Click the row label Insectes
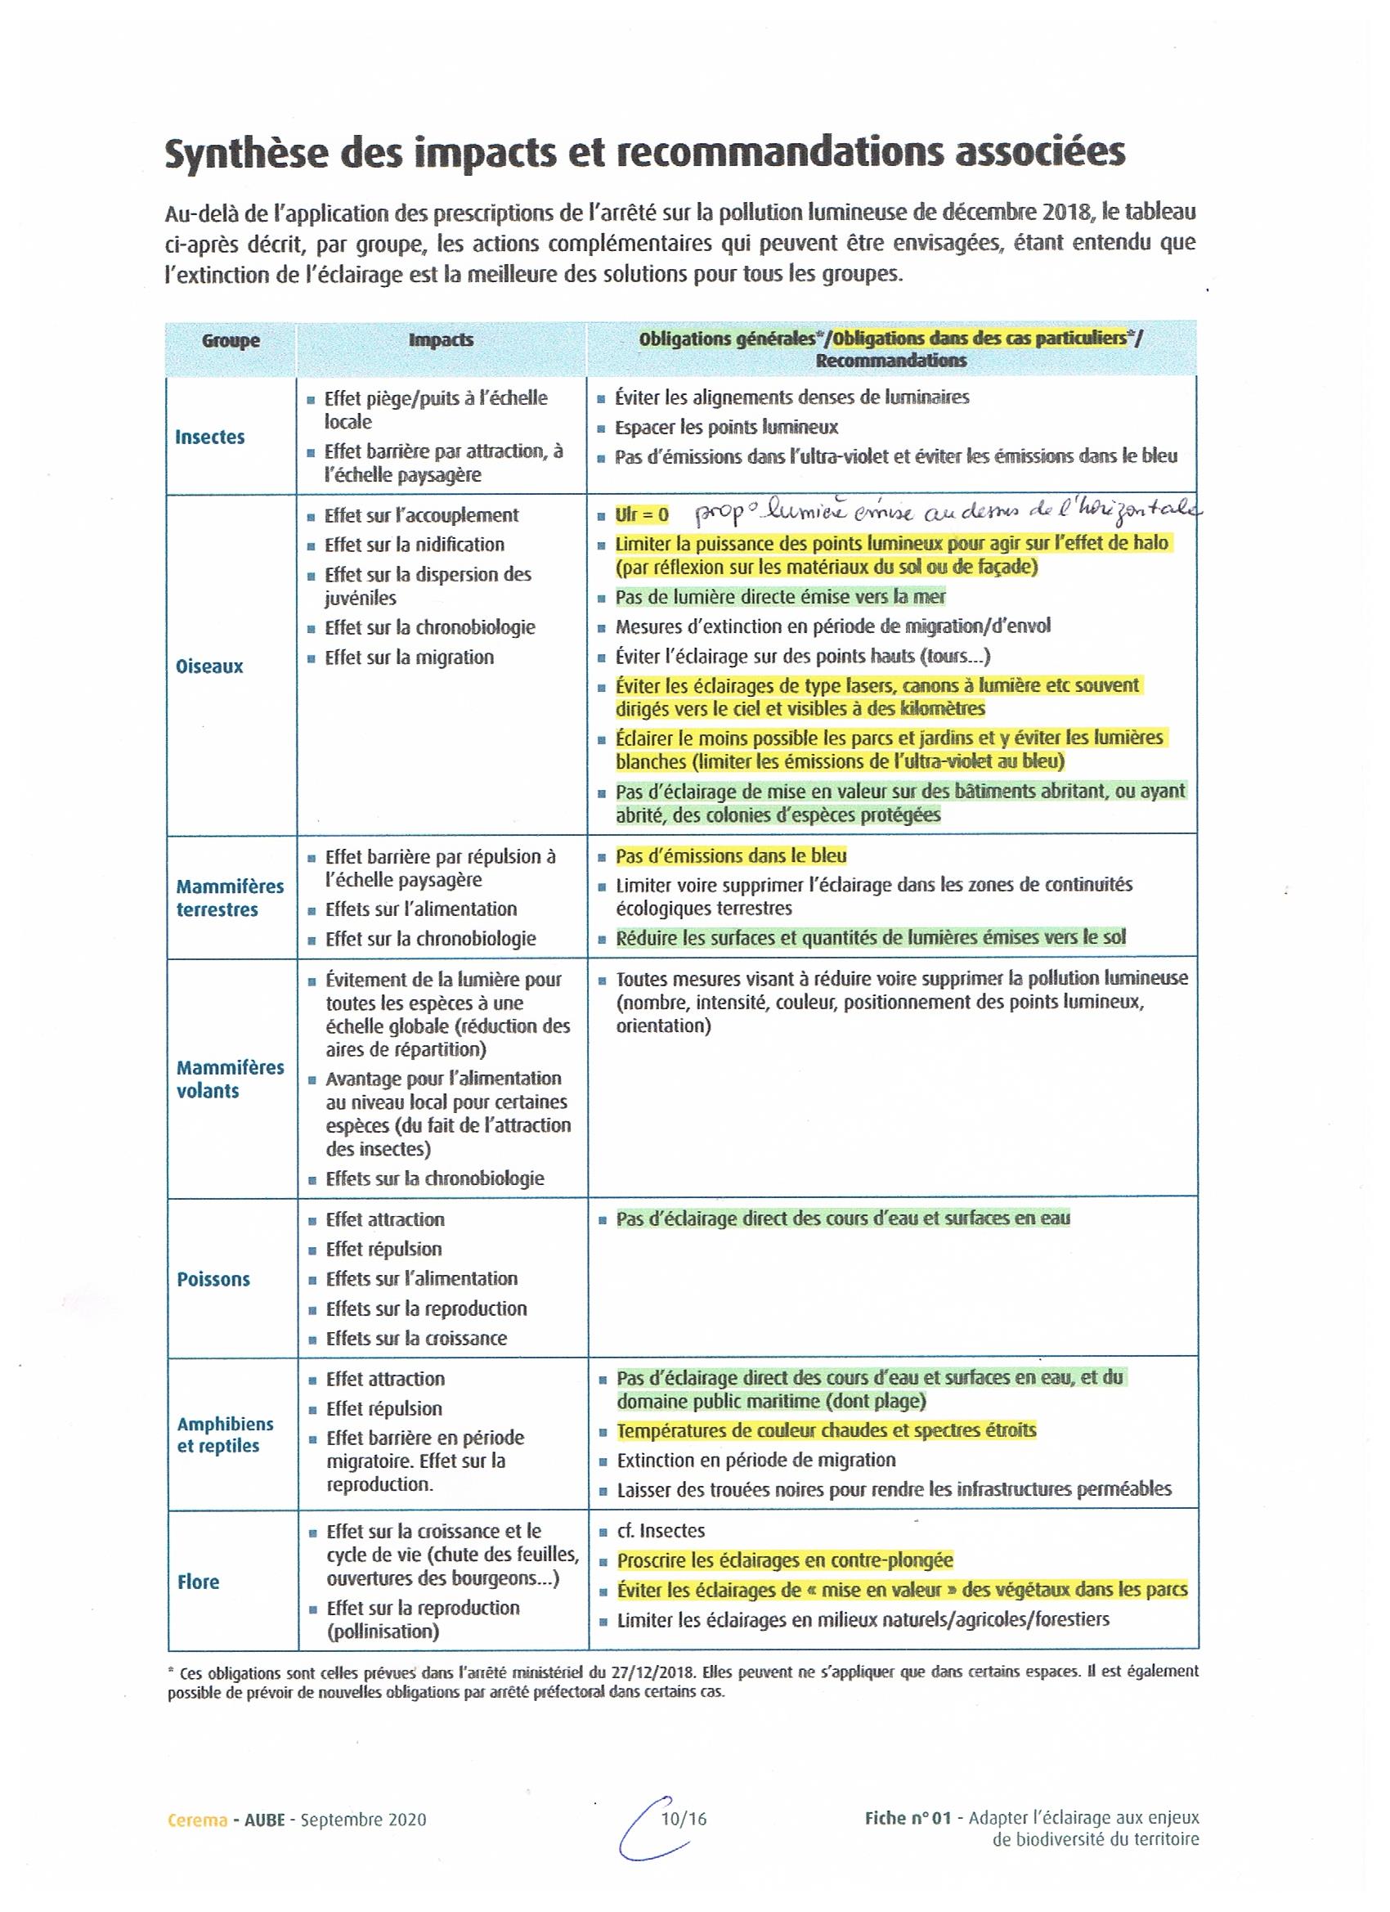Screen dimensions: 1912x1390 tap(210, 437)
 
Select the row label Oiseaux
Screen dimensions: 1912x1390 tap(209, 666)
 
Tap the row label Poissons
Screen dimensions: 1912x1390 tap(213, 1279)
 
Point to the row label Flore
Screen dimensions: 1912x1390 tap(198, 1582)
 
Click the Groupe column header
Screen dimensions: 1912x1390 tap(230, 340)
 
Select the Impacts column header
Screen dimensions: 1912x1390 tap(441, 339)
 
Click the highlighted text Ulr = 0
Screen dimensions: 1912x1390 tap(642, 514)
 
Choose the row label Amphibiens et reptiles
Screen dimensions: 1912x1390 tap(224, 1435)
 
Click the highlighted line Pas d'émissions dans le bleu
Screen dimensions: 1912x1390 tap(731, 855)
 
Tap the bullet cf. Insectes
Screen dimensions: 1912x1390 tap(660, 1530)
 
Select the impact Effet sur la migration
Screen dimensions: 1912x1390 tap(409, 658)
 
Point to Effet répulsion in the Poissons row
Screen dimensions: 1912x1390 tap(383, 1249)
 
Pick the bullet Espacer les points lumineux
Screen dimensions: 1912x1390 tap(726, 427)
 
